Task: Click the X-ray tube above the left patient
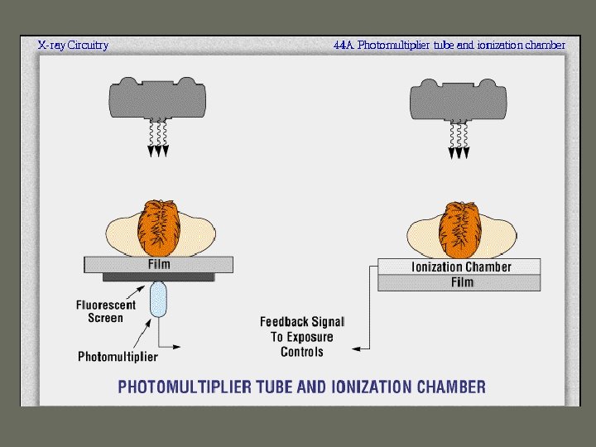[x=157, y=99]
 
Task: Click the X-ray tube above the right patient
[x=458, y=99]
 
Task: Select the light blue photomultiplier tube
[x=158, y=300]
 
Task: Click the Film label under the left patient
[x=159, y=265]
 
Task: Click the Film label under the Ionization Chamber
[x=462, y=282]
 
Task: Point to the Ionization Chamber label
[x=461, y=267]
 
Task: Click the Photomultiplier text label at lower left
[x=118, y=357]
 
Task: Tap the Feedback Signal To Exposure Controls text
[x=302, y=336]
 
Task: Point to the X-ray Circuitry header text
[x=73, y=46]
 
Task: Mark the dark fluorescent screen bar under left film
[x=158, y=276]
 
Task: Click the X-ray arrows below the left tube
[x=157, y=138]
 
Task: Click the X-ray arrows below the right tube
[x=458, y=138]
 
